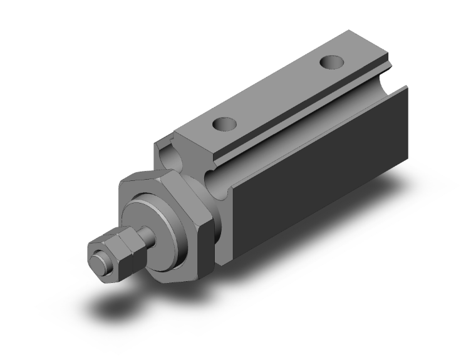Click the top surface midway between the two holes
[276, 94]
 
